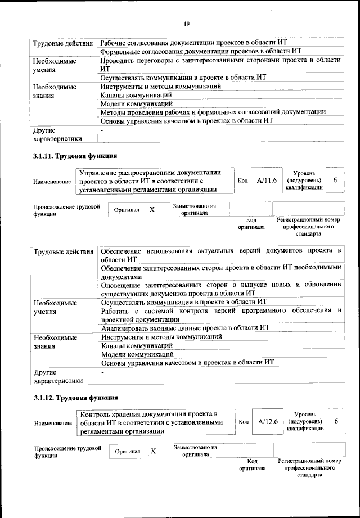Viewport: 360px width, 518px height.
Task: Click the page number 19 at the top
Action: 187,23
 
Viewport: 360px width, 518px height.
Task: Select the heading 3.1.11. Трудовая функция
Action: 75,156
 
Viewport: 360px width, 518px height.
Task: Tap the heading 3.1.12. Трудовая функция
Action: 75,398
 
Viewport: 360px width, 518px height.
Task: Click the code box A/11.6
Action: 267,181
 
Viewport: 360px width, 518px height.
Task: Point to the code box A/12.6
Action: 268,422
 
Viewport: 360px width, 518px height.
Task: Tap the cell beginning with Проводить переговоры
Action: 220,64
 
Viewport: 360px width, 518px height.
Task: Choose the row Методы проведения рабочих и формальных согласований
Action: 213,111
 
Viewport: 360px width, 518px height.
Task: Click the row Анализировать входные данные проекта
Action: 186,327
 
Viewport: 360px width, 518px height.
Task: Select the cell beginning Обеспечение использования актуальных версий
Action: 220,254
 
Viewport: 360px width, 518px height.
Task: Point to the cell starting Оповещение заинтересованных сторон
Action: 220,289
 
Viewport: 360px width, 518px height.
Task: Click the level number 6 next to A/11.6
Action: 335,180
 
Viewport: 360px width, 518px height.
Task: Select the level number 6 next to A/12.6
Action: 336,422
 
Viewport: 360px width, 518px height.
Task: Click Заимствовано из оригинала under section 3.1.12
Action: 195,451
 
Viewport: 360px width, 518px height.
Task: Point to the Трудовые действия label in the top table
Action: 62,43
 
